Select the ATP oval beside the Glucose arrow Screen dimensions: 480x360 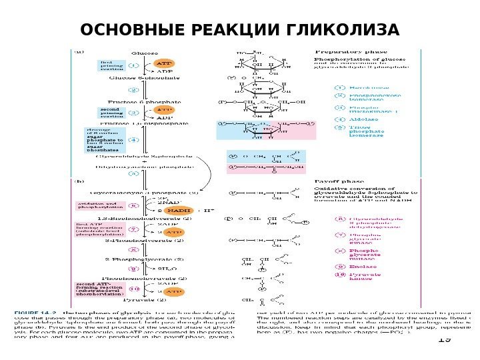point(163,63)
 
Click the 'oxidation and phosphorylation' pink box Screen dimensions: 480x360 point(97,206)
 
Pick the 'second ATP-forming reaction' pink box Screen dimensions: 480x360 point(97,289)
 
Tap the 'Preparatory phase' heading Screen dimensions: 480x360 point(344,51)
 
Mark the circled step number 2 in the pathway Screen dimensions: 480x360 point(133,89)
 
